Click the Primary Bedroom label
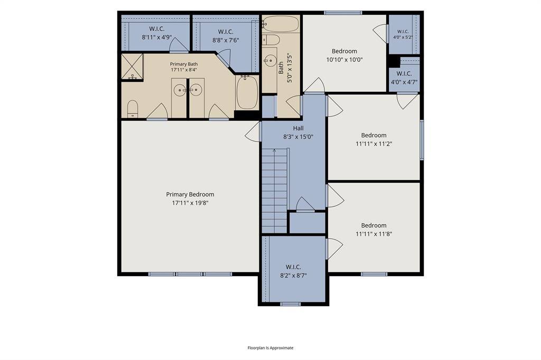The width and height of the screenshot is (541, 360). click(190, 194)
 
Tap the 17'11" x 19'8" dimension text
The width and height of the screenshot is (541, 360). click(190, 203)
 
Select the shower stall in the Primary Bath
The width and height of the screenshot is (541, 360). click(132, 66)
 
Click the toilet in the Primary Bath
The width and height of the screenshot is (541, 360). click(133, 109)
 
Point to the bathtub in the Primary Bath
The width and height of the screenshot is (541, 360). click(247, 92)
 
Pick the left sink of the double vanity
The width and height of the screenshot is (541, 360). click(180, 90)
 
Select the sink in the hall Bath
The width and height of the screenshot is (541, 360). click(270, 61)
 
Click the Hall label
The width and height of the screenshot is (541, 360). click(298, 128)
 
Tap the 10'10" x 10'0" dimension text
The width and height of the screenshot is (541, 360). click(344, 60)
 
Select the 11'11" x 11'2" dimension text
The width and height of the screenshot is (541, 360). click(374, 144)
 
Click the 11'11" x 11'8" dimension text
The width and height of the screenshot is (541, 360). click(374, 234)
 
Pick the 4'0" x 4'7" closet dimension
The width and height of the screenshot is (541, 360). click(404, 82)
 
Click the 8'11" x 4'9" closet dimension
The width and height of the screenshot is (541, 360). click(156, 37)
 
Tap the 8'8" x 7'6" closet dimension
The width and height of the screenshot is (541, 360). click(226, 40)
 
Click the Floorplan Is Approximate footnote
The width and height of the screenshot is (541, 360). click(270, 348)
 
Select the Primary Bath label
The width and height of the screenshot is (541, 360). click(184, 64)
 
